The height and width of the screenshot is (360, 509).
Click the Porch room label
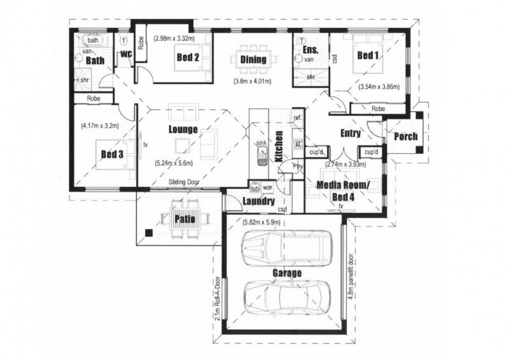click(x=406, y=136)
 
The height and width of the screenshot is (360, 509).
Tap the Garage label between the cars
click(x=288, y=273)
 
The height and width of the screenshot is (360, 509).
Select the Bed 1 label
click(x=367, y=56)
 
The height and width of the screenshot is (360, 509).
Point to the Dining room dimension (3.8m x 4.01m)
click(x=253, y=81)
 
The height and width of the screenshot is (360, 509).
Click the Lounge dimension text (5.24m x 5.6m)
click(x=173, y=163)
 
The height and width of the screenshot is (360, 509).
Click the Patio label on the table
click(x=185, y=219)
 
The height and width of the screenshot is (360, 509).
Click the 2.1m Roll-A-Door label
click(x=218, y=298)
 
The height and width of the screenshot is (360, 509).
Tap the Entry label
click(x=350, y=134)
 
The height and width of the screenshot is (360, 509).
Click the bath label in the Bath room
click(x=94, y=41)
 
